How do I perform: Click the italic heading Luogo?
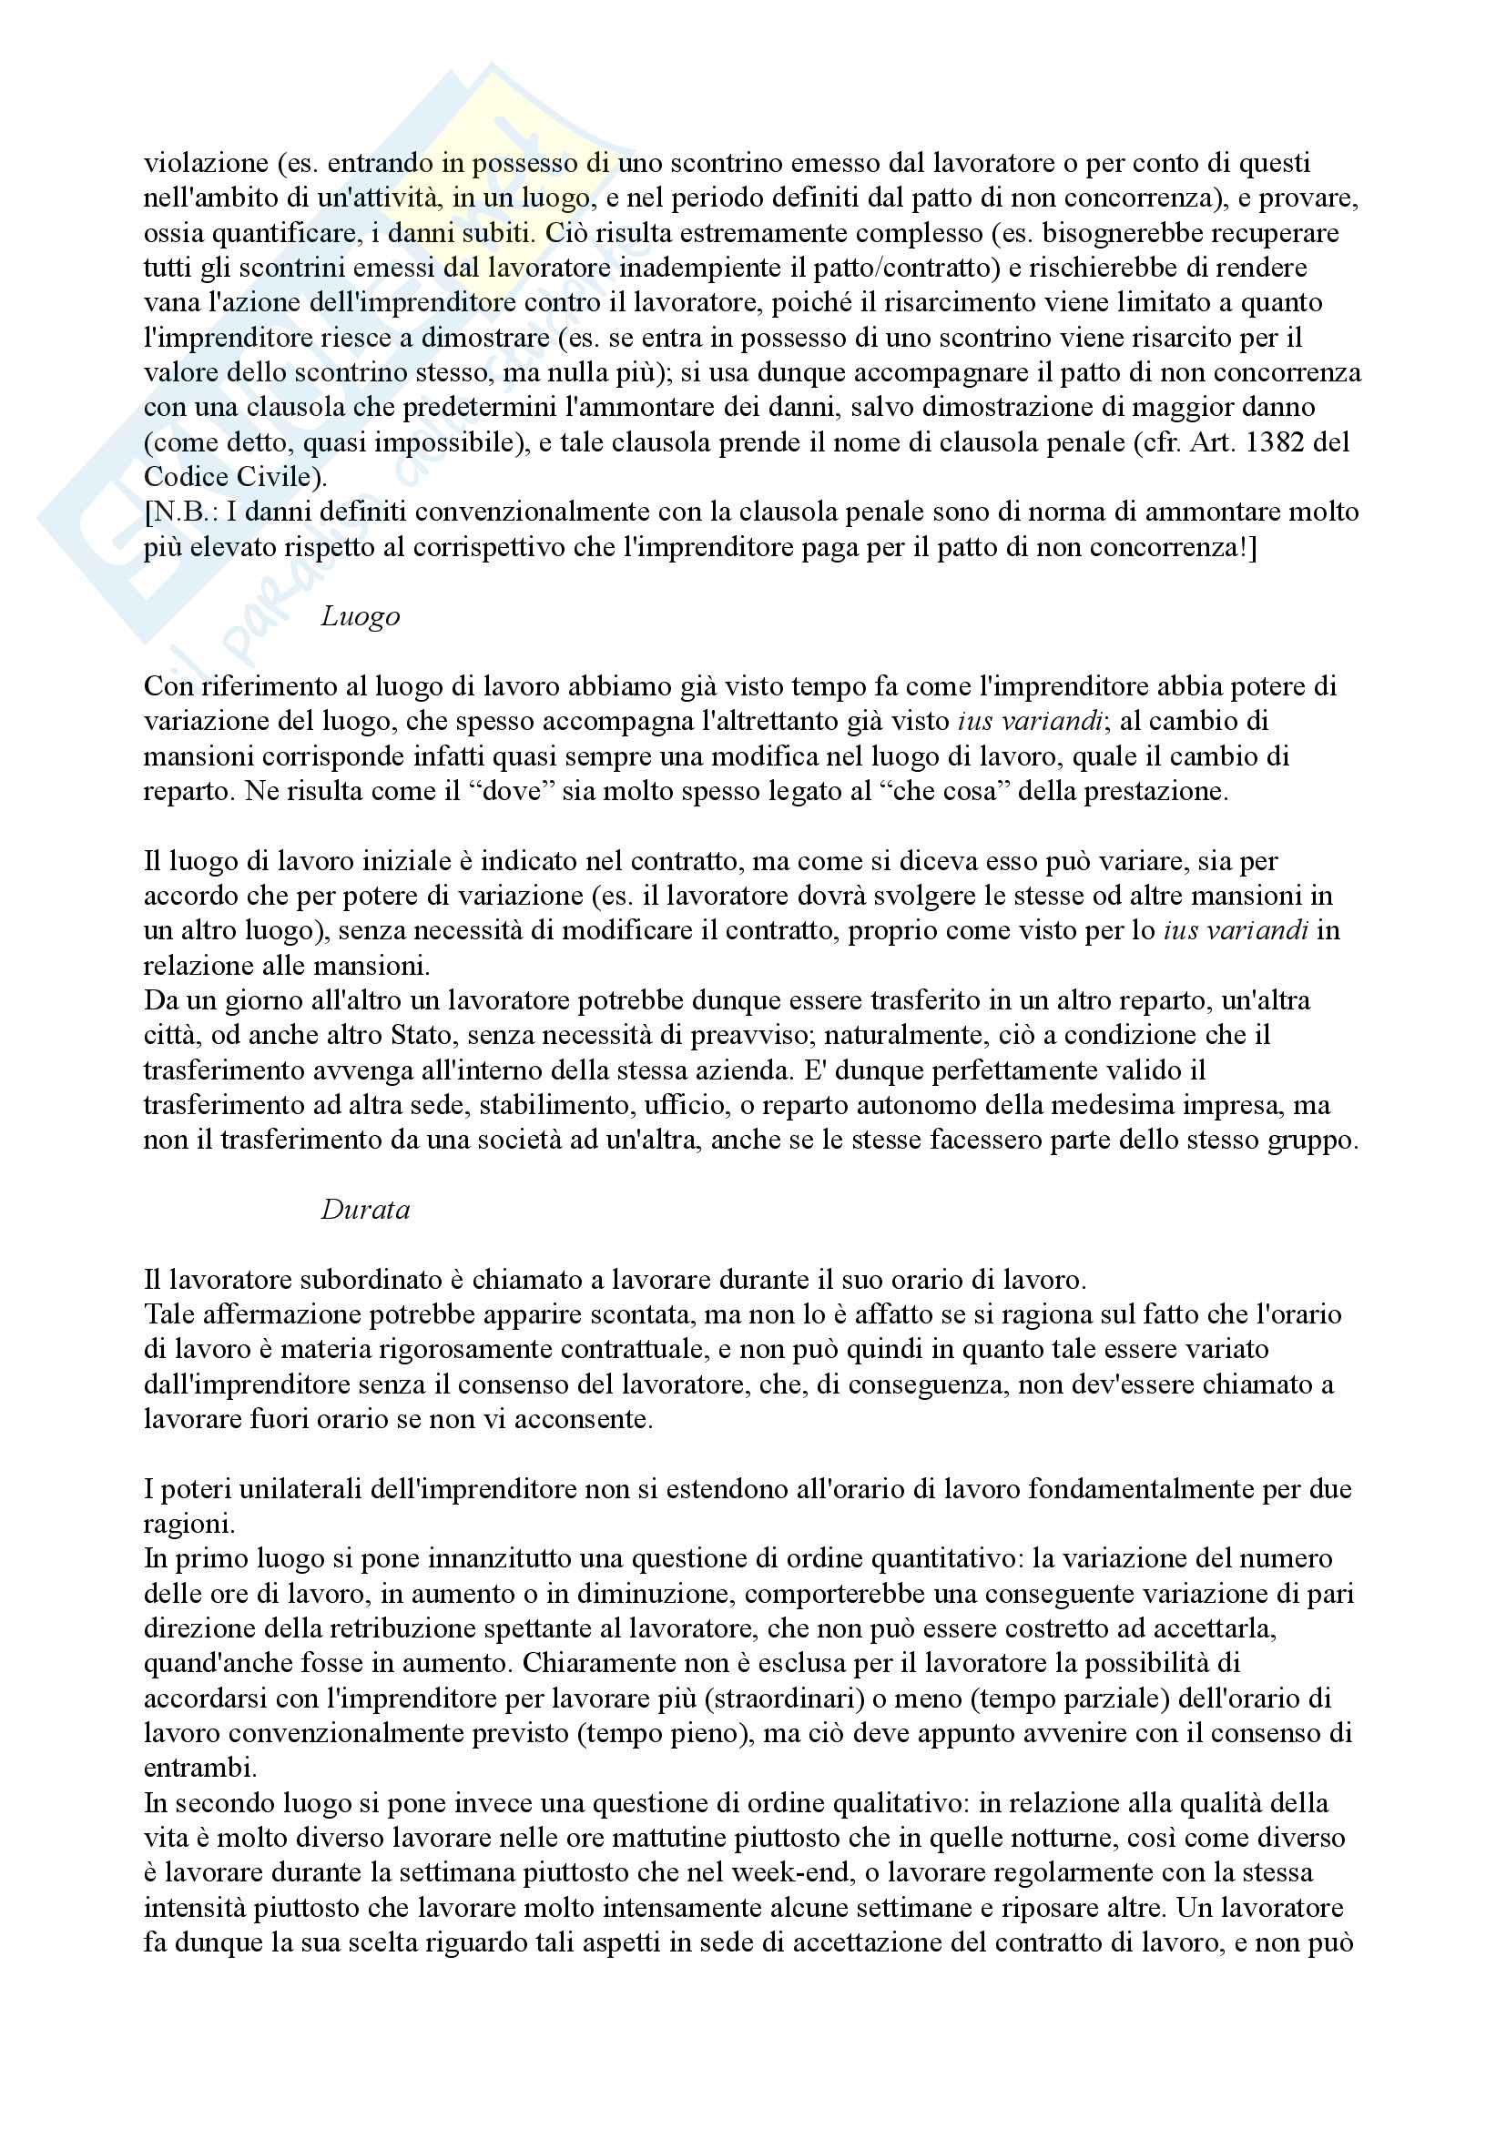click(360, 616)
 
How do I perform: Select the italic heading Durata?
click(364, 1210)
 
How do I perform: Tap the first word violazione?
click(206, 163)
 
